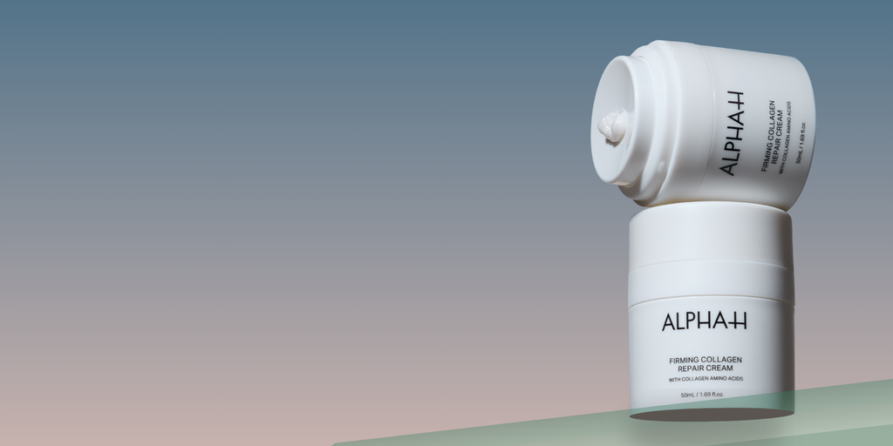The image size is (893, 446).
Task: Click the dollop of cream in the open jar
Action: tap(612, 125)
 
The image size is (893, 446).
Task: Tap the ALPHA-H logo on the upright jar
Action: tap(704, 321)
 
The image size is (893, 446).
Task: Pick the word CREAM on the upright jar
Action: tap(719, 368)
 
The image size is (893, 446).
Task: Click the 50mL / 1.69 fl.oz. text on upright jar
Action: tap(702, 395)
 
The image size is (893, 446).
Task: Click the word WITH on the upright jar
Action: tap(675, 379)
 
